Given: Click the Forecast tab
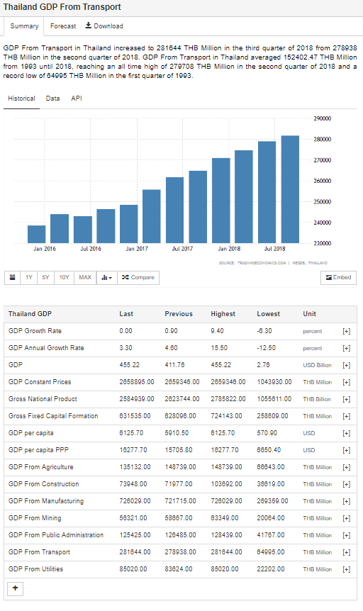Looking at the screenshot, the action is pyautogui.click(x=63, y=26).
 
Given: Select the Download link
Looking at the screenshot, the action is pyautogui.click(x=104, y=26).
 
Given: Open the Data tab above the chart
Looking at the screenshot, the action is pyautogui.click(x=52, y=99).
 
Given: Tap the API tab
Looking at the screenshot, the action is pyautogui.click(x=77, y=99).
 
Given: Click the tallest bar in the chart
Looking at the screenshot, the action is pyautogui.click(x=290, y=189).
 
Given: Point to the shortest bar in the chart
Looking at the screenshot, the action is pyautogui.click(x=37, y=234).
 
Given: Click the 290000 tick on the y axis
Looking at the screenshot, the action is pyautogui.click(x=323, y=118).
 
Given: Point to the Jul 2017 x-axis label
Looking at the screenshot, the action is pyautogui.click(x=182, y=249).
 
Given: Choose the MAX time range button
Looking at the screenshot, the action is pyautogui.click(x=85, y=277).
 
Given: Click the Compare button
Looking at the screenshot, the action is pyautogui.click(x=138, y=277).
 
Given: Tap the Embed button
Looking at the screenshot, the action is pyautogui.click(x=338, y=277).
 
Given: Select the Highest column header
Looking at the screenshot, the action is pyautogui.click(x=223, y=314).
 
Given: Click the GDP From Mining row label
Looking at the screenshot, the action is pyautogui.click(x=35, y=518).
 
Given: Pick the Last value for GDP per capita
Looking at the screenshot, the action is pyautogui.click(x=131, y=433).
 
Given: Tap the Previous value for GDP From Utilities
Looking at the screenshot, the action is pyautogui.click(x=179, y=569).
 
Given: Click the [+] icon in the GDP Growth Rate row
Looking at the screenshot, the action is pyautogui.click(x=346, y=331).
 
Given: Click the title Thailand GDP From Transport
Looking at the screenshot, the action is pyautogui.click(x=62, y=7).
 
